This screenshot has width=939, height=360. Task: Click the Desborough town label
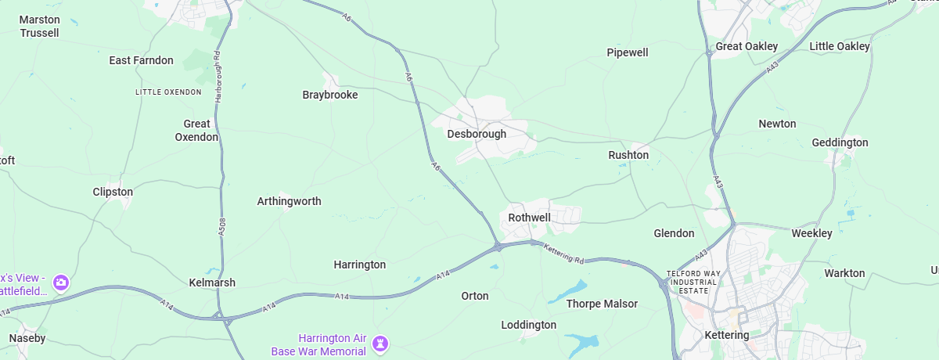pos(477,134)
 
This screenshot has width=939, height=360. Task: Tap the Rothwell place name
pos(530,217)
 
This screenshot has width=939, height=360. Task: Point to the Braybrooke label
pos(330,95)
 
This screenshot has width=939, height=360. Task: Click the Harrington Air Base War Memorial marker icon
pos(380,343)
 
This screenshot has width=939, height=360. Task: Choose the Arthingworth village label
pos(290,201)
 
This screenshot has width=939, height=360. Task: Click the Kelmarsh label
pos(212,283)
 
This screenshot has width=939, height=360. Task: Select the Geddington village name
pos(840,142)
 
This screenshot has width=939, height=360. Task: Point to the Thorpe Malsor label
pos(602,304)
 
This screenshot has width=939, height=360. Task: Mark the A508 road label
pos(222,226)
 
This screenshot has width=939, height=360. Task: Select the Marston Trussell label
pos(39,26)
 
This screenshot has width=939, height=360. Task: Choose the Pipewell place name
pos(628,52)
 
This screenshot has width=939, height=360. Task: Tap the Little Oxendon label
pos(168,92)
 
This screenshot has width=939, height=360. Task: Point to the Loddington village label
pos(529,325)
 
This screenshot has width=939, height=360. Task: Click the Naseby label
pos(27,338)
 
